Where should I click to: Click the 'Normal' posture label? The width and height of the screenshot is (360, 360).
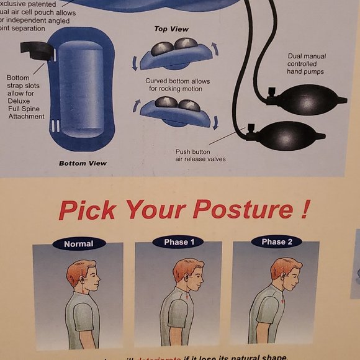79,244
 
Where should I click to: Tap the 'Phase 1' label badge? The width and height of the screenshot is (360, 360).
179,242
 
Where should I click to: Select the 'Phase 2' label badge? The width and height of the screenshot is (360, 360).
277,242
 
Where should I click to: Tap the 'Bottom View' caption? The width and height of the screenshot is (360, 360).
83,163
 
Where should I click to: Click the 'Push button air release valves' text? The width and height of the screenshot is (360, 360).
200,155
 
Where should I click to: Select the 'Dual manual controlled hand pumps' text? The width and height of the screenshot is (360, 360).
306,64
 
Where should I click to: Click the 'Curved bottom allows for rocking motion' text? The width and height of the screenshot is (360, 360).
178,85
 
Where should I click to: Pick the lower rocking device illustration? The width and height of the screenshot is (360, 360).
176,112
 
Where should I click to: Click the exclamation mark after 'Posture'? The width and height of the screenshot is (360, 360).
304,209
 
